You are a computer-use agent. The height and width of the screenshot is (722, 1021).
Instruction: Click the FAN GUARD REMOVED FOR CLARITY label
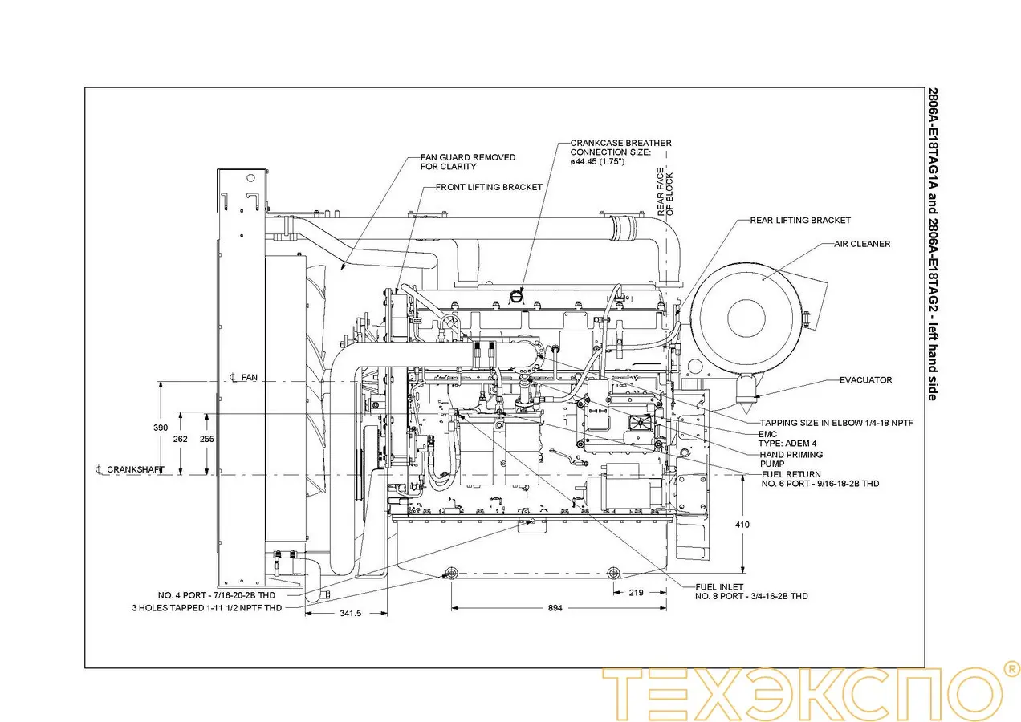coord(468,162)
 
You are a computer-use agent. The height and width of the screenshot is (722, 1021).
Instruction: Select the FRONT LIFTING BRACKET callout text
coord(489,187)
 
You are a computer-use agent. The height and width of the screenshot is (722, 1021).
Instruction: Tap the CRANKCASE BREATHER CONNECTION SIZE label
coord(620,152)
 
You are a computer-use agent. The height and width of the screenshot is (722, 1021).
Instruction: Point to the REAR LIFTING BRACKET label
coord(799,220)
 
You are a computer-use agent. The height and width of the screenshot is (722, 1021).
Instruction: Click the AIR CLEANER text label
coord(861,244)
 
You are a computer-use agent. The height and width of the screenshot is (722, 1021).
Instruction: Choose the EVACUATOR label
coord(865,380)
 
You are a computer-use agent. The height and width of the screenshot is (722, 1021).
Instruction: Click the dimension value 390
coord(161,428)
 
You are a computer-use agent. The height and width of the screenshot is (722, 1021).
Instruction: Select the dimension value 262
coord(180,439)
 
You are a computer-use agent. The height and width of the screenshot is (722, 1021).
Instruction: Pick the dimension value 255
coord(206,439)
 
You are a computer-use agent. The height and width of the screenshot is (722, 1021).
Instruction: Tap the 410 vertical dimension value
coord(742,525)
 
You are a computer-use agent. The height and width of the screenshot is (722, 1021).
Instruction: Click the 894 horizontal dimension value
coord(555,608)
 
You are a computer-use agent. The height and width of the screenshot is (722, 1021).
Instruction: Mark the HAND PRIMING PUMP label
coord(791,459)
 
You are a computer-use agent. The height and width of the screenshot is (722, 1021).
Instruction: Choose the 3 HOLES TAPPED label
coord(206,608)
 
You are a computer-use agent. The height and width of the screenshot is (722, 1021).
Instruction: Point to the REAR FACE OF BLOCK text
coord(665,193)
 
